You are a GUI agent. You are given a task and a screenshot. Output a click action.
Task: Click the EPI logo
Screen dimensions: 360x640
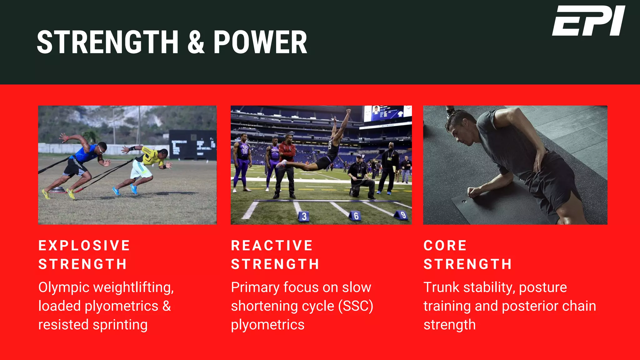(588, 21)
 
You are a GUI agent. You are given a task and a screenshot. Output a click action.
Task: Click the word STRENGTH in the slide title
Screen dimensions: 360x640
(107, 42)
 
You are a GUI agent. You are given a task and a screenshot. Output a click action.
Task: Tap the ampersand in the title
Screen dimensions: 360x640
(196, 42)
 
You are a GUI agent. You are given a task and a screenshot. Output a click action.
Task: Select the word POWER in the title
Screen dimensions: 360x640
(260, 42)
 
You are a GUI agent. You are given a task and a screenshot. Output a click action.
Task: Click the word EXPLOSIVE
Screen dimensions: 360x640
(84, 246)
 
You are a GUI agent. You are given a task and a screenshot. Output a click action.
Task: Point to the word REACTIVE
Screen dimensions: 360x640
(272, 246)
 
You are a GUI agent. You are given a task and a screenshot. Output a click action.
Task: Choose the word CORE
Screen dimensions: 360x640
(445, 246)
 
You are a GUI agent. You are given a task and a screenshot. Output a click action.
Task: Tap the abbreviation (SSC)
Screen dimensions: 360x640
(356, 306)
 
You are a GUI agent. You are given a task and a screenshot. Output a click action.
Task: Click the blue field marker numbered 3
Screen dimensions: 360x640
(304, 217)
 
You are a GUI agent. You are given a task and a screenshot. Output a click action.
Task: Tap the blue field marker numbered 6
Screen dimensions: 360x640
(355, 216)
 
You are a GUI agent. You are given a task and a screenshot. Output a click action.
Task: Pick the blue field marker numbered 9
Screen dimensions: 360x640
(402, 215)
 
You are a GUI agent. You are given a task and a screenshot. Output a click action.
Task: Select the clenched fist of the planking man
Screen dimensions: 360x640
(472, 192)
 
